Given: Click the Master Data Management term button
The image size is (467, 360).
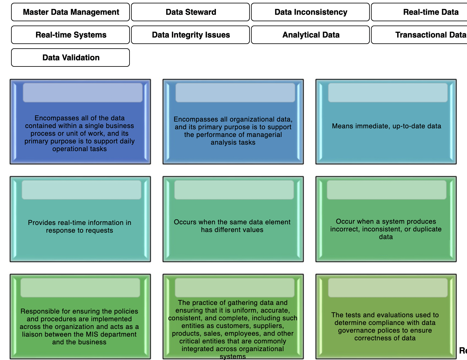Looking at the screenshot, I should pos(70,12).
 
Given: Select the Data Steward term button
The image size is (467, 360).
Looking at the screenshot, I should pos(190,12).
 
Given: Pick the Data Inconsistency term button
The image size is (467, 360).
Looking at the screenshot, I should pos(310,12).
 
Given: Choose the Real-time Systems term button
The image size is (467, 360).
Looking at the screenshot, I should pos(70,35).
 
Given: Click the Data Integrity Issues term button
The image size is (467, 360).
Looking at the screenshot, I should pos(190,35).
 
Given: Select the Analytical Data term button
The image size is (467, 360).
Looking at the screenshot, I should pos(310,35).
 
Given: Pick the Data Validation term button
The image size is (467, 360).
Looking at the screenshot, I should pos(70,58).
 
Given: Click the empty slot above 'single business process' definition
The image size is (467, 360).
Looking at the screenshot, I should pos(82,93).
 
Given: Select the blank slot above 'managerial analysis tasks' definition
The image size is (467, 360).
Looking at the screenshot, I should pos(235,93).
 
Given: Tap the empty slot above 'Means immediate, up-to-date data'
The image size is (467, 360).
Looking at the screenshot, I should pos(388,93).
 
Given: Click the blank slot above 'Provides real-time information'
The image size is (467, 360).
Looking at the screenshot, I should pos(82,190).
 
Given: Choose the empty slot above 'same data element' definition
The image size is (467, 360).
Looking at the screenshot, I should pos(234,190).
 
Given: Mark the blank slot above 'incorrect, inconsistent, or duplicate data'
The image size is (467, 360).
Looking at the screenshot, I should pos(386,190).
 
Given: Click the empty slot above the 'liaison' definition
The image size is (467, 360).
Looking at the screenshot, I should pos(80,288).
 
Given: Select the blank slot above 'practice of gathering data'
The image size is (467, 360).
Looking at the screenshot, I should pos(234,288).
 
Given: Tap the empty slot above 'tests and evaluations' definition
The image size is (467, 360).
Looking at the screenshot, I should pos(388,288).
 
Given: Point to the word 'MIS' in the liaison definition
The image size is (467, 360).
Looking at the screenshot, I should pos(92,334).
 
